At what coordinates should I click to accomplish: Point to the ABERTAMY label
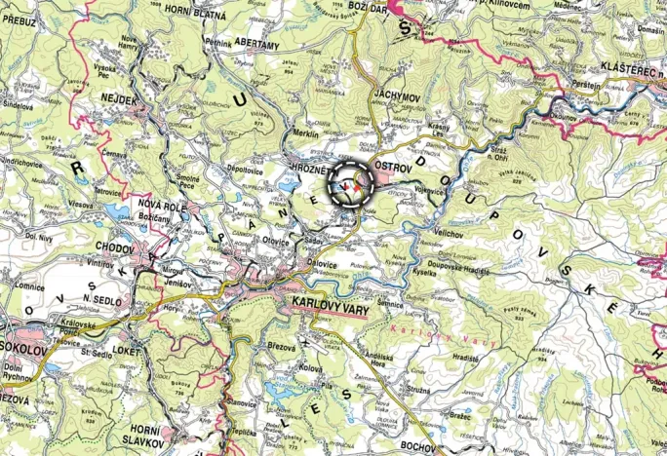point(255,45)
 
